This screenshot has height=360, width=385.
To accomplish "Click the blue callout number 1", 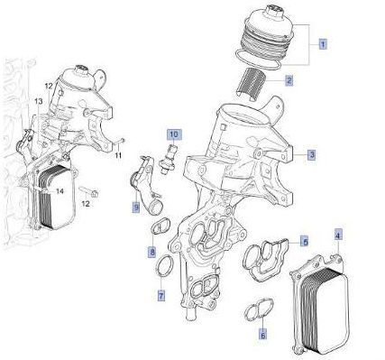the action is tap(323, 45).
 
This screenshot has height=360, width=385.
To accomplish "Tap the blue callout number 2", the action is tap(289, 80).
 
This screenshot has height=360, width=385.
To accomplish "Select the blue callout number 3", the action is tap(312, 155).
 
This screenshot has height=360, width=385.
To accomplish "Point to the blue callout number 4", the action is tap(338, 235).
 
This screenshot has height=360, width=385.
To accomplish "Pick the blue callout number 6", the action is tap(263, 335).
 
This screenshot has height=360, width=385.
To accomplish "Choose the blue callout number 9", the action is tap(136, 208).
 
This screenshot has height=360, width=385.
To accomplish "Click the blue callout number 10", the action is tap(174, 134).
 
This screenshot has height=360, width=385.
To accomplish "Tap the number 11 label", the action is tap(118, 155).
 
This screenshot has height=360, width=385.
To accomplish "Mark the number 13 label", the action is tap(39, 102).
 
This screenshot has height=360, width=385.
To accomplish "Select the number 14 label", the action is tap(60, 191).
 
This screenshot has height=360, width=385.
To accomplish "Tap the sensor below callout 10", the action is tap(168, 158).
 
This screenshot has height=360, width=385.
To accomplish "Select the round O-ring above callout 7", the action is tap(165, 266).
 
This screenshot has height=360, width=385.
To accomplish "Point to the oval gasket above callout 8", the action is tap(160, 226).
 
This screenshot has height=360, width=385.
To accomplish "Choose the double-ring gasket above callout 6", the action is tap(259, 309).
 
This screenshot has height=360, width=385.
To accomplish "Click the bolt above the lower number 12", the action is tap(89, 191).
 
